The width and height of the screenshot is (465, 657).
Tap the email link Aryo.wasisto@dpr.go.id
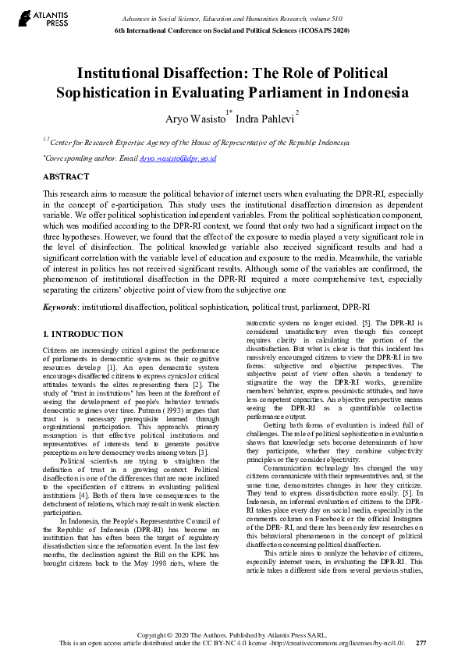(x=177, y=158)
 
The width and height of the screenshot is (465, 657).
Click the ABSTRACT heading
(x=66, y=177)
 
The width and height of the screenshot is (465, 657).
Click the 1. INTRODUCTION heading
(x=83, y=335)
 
